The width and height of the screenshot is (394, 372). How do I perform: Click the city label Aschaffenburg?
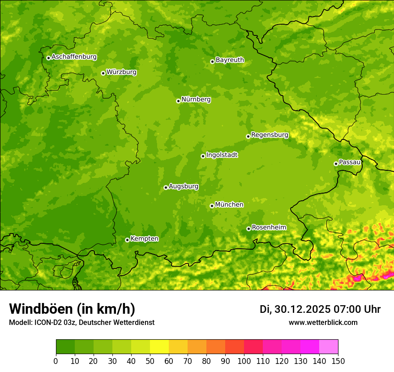click(74, 57)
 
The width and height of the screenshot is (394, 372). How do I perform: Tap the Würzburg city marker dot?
click(103, 73)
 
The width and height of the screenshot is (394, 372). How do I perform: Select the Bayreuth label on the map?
click(230, 60)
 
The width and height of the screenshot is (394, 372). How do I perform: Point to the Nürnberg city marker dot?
click(178, 101)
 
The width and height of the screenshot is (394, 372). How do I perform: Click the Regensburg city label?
click(270, 135)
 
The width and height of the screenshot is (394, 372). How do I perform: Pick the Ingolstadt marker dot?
click(203, 156)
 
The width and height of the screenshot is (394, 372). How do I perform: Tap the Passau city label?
click(350, 162)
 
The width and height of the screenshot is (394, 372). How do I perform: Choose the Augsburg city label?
click(184, 186)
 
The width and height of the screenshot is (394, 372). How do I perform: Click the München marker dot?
click(212, 206)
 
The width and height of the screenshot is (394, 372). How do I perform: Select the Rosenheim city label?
click(269, 228)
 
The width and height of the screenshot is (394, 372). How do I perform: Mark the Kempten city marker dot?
click(127, 240)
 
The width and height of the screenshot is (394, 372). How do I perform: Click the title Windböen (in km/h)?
click(72, 309)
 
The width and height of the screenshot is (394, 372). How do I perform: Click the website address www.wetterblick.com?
click(323, 322)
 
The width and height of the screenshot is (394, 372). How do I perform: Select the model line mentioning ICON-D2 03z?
click(81, 322)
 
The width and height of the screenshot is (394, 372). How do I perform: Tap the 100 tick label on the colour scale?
click(244, 361)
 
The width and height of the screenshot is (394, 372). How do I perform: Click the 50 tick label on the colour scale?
click(150, 361)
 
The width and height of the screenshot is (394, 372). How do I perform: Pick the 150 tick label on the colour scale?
click(338, 361)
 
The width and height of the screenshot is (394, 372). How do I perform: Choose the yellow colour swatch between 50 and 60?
click(159, 347)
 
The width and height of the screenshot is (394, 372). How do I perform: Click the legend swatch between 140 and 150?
click(329, 347)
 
